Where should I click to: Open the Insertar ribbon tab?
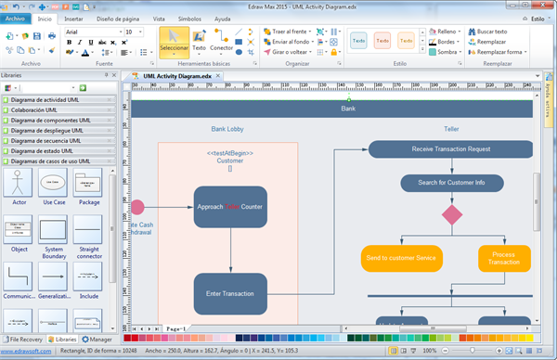click(74, 18)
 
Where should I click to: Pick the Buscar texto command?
click(499, 32)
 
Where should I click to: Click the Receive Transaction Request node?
click(451, 149)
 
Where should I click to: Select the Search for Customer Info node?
click(451, 183)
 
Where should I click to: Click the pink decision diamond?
click(451, 215)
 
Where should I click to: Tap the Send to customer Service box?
click(402, 257)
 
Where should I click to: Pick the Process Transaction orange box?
click(504, 257)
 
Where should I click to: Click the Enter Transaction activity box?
click(230, 294)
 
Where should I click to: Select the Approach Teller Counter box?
click(230, 207)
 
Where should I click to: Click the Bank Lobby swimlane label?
click(227, 129)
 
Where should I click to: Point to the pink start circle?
click(137, 207)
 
